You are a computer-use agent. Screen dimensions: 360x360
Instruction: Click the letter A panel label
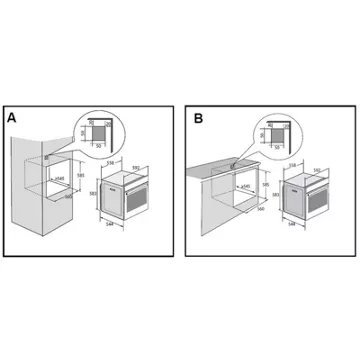[x=12, y=119]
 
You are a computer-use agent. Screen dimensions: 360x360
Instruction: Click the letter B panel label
[x=198, y=119]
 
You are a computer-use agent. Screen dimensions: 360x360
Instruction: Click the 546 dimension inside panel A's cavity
[x=60, y=178]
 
